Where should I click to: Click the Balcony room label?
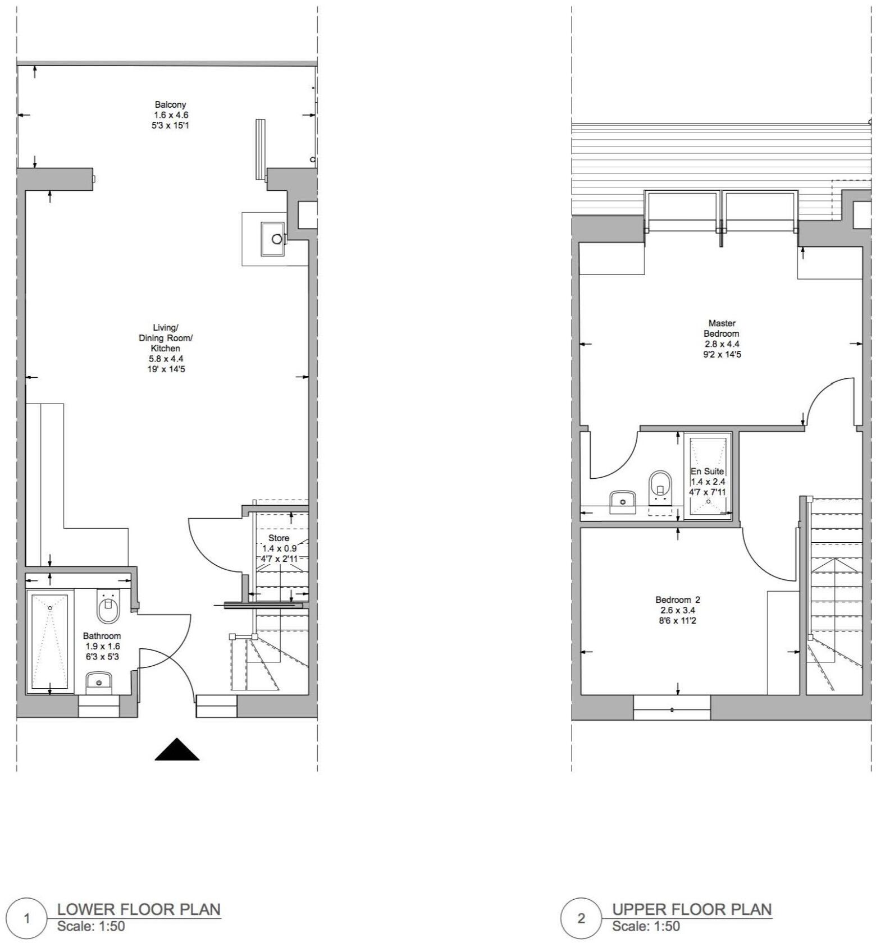coord(171,104)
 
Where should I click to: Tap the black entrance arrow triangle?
coord(177,750)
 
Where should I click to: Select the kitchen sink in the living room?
coord(273,239)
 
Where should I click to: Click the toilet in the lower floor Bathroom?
coord(108,608)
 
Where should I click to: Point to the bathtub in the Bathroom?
coord(50,643)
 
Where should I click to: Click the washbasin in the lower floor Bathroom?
coord(99,683)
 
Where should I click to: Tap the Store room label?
coord(279,538)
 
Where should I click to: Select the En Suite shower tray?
coord(708,476)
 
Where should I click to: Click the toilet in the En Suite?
coord(660,487)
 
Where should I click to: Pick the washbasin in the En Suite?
coord(623,501)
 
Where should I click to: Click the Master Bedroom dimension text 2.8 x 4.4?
coord(722,344)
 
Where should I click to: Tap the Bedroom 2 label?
coord(678,599)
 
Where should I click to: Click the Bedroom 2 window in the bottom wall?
coord(672,708)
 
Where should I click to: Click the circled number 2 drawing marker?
coord(581,919)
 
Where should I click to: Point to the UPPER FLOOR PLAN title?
coord(692,909)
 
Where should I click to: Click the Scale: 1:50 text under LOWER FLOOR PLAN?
coord(91,926)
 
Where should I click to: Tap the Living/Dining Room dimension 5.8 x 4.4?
coord(166,359)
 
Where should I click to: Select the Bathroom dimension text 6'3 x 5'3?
coord(102,656)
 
